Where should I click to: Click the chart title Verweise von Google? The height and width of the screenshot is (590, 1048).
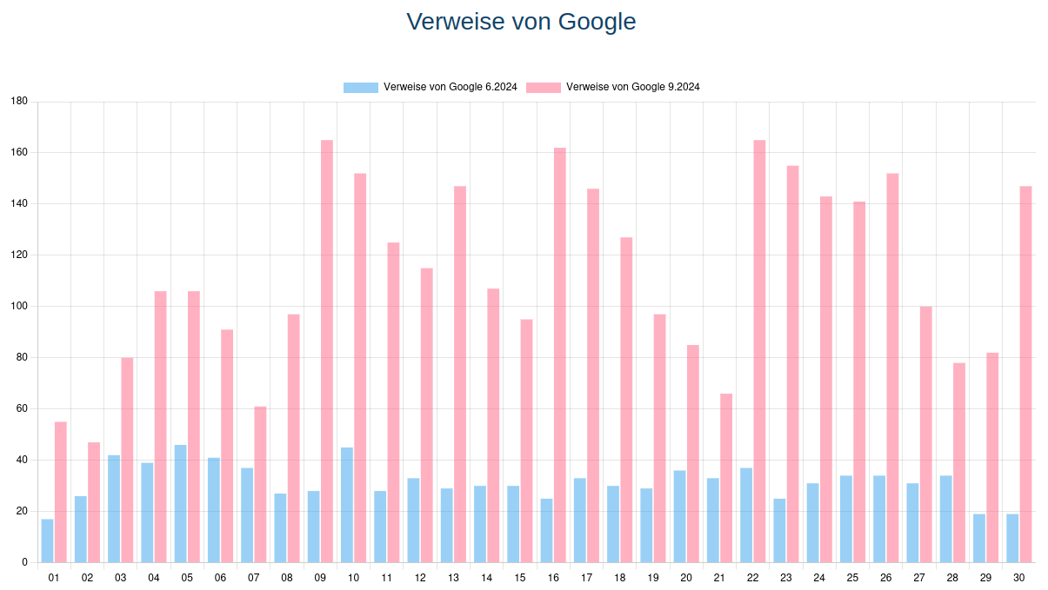pyautogui.click(x=521, y=22)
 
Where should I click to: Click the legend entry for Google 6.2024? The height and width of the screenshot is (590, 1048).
pyautogui.click(x=451, y=87)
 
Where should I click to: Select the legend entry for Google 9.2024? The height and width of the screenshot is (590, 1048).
pyautogui.click(x=632, y=87)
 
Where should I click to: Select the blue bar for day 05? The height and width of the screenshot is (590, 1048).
pyautogui.click(x=181, y=503)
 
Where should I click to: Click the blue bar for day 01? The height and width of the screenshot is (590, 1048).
pyautogui.click(x=48, y=540)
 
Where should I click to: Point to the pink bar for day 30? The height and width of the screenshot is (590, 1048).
pyautogui.click(x=1025, y=374)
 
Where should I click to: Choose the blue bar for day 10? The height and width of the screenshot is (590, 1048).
pyautogui.click(x=347, y=505)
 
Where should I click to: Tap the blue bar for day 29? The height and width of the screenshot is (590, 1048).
pyautogui.click(x=979, y=538)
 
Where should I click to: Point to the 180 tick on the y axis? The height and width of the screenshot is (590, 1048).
pyautogui.click(x=19, y=102)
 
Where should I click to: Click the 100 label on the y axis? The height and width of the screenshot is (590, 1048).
pyautogui.click(x=19, y=307)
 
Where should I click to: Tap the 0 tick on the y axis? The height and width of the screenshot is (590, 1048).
pyautogui.click(x=24, y=562)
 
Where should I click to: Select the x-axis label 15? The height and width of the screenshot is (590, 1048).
pyautogui.click(x=520, y=578)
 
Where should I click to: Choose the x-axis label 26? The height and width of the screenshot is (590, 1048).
pyautogui.click(x=885, y=578)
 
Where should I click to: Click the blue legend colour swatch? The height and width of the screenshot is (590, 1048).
pyautogui.click(x=361, y=87)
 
